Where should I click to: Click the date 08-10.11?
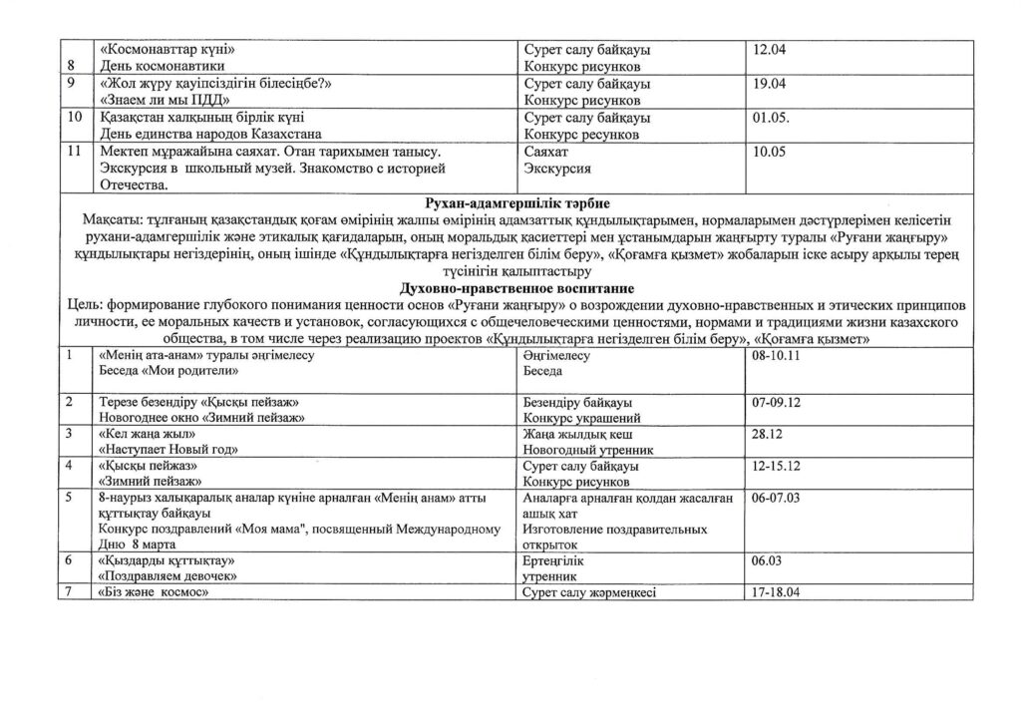point(782,355)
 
